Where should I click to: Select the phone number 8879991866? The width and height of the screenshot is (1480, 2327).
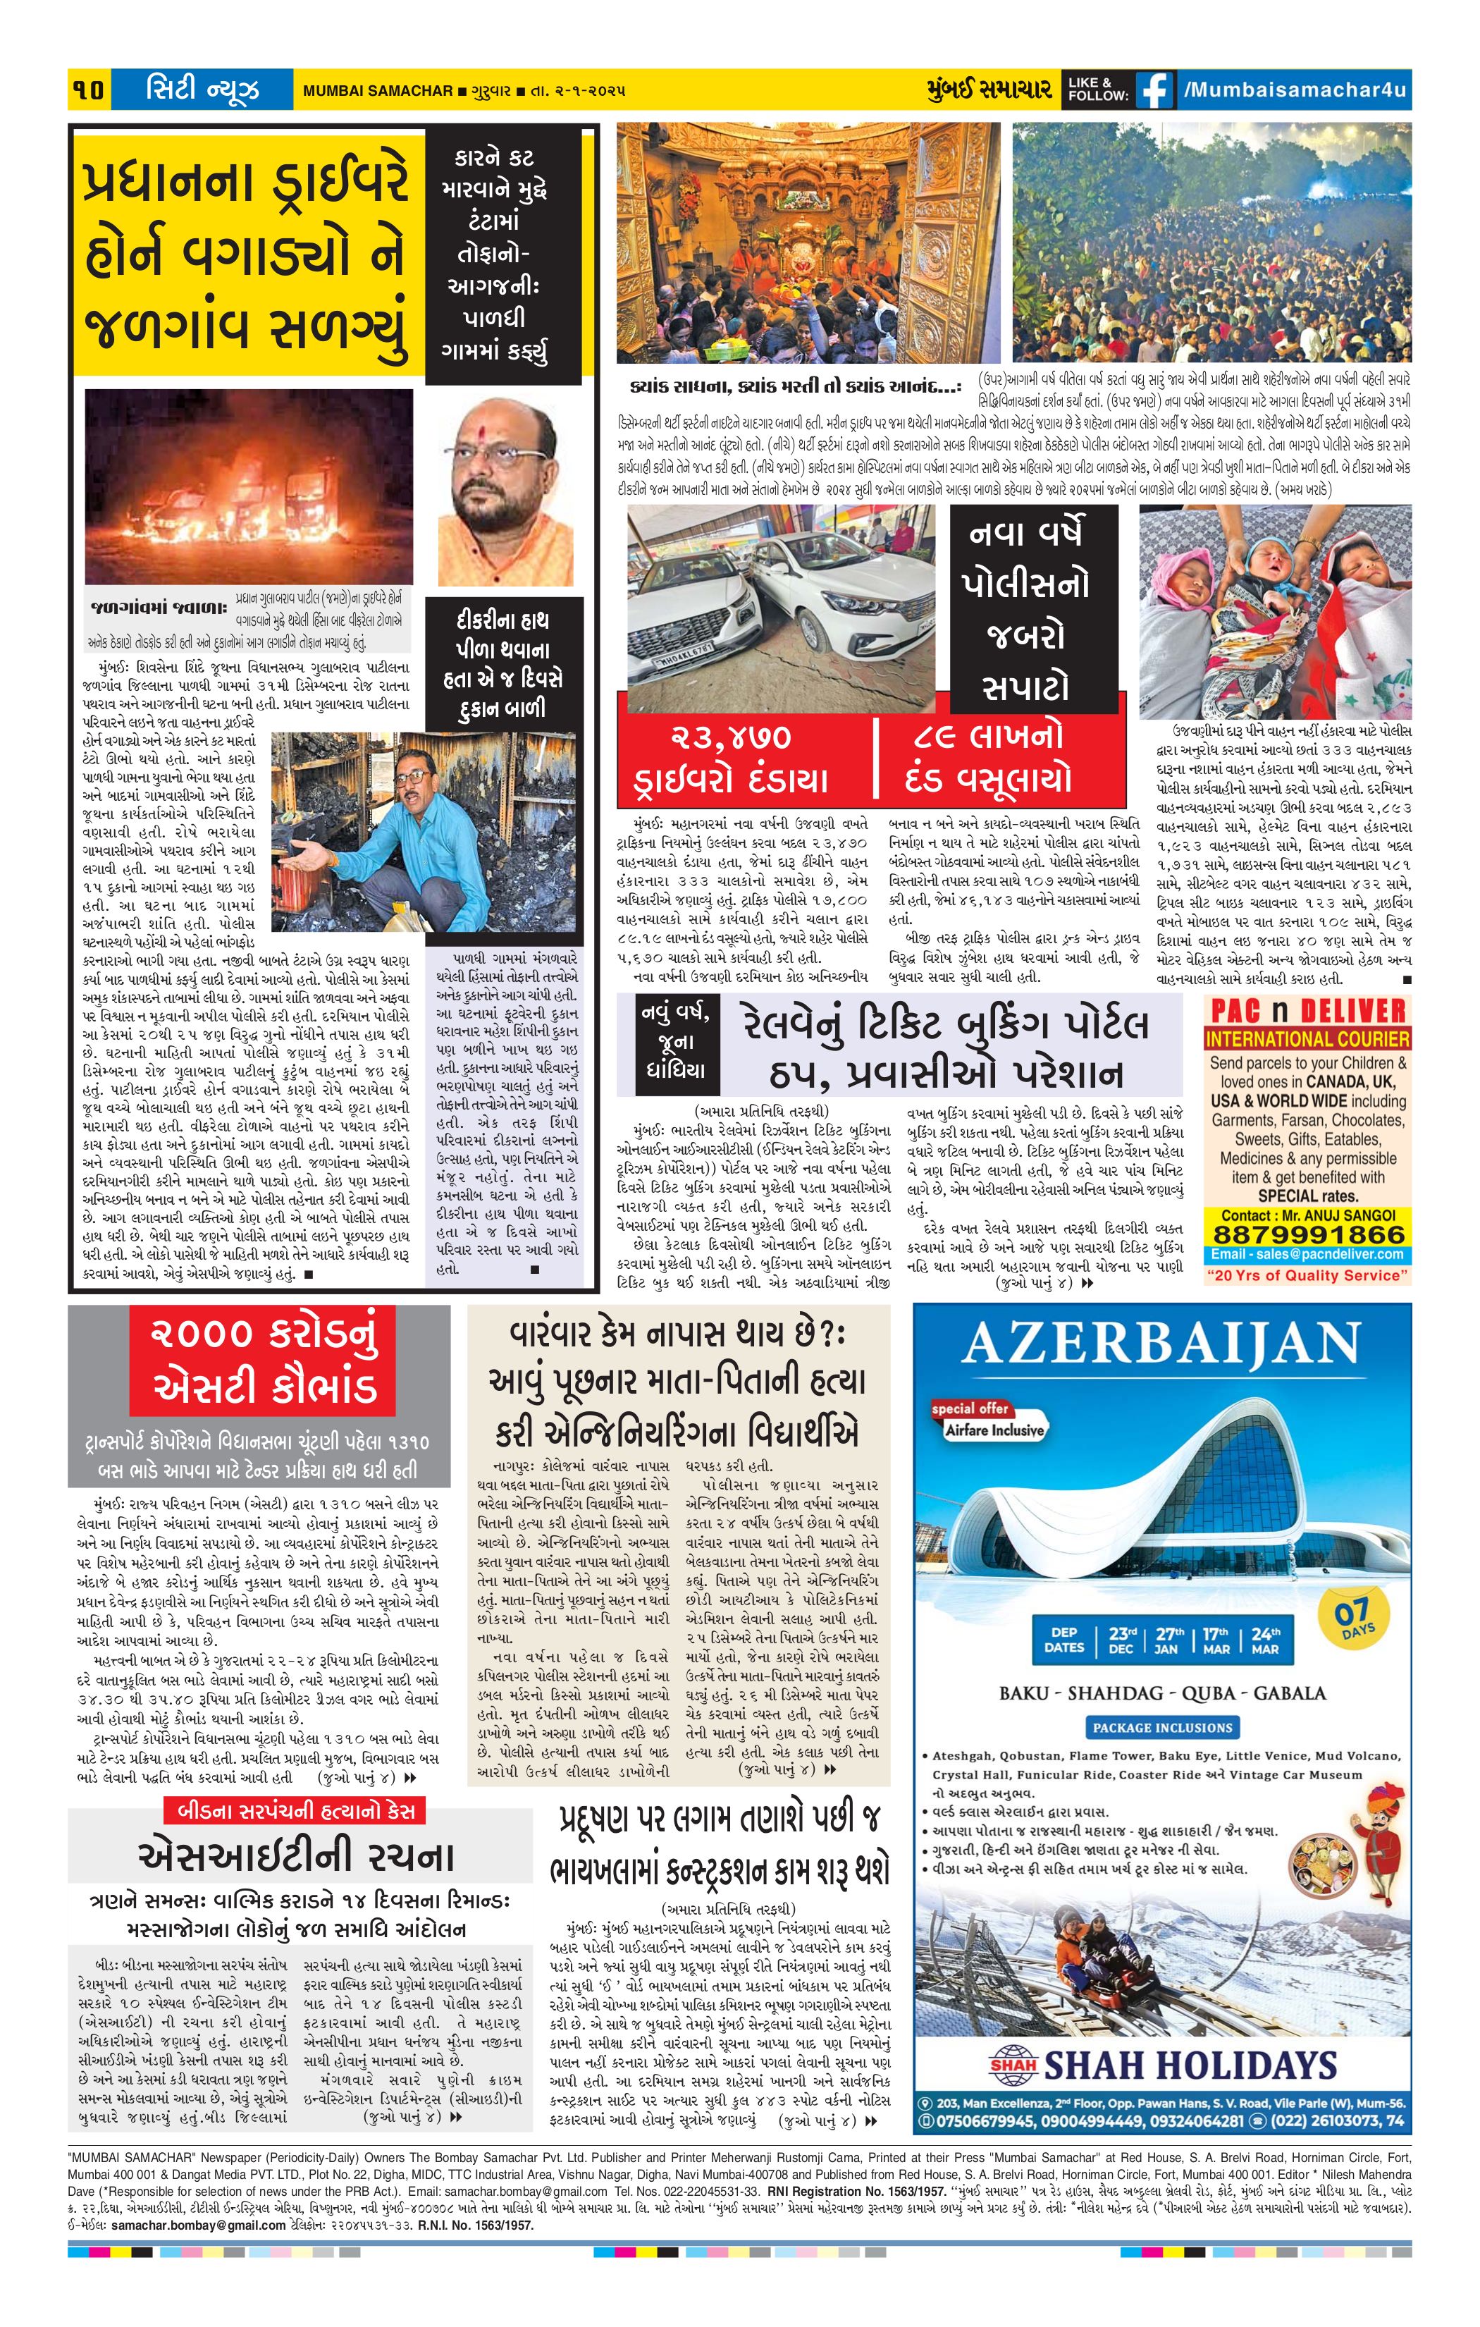click(1308, 1234)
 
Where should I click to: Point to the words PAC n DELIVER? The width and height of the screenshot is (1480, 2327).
click(1307, 1012)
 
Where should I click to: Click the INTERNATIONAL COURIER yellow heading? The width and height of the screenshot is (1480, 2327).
click(1307, 1040)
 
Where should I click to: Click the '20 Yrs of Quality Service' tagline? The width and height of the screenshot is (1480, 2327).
click(1307, 1276)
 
